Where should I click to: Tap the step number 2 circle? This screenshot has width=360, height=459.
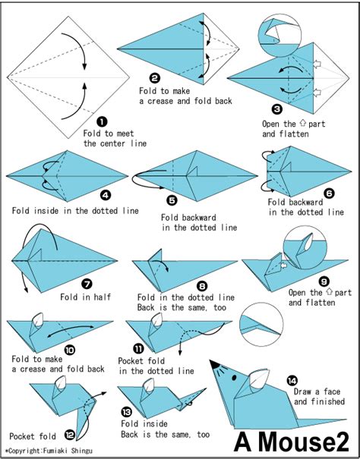click(x=155, y=77)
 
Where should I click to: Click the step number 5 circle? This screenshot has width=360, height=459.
click(x=171, y=201)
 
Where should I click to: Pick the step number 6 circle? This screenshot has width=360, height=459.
click(x=328, y=193)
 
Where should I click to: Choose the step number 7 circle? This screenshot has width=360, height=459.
click(x=87, y=283)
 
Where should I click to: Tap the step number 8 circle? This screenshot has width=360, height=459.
click(x=201, y=285)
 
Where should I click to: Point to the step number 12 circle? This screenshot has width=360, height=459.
click(x=69, y=435)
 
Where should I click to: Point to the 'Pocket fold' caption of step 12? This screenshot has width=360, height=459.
click(x=32, y=435)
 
